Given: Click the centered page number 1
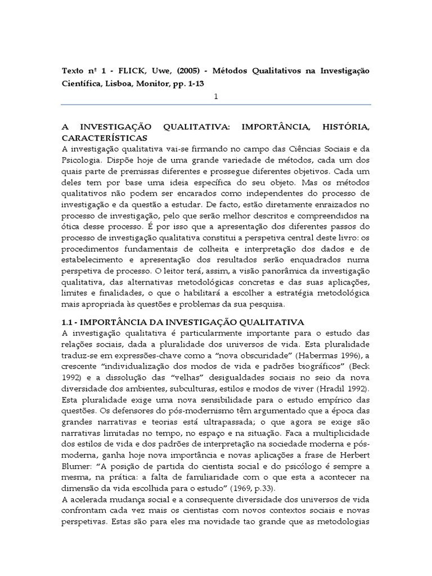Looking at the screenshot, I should click(215, 97).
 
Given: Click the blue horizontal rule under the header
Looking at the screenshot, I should click(215, 105).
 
